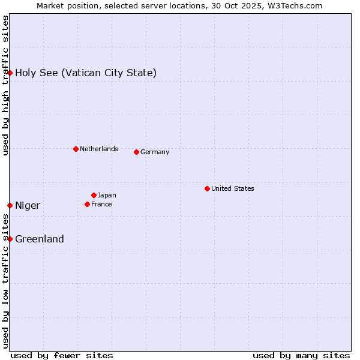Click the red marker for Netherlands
[76, 149]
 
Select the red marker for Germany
[136, 152]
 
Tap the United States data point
[207, 188]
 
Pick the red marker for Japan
[94, 195]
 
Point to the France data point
[87, 204]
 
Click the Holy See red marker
[10, 73]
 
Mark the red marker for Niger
[10, 205]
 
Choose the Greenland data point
[10, 239]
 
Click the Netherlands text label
[98, 149]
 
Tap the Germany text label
[155, 152]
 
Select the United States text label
[232, 188]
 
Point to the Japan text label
[107, 195]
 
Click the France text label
[101, 204]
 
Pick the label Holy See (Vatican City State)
[86, 73]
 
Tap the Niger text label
[28, 206]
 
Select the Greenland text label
[40, 239]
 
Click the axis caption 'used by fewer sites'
[62, 355]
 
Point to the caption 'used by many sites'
[301, 355]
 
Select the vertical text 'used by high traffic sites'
[5, 85]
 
